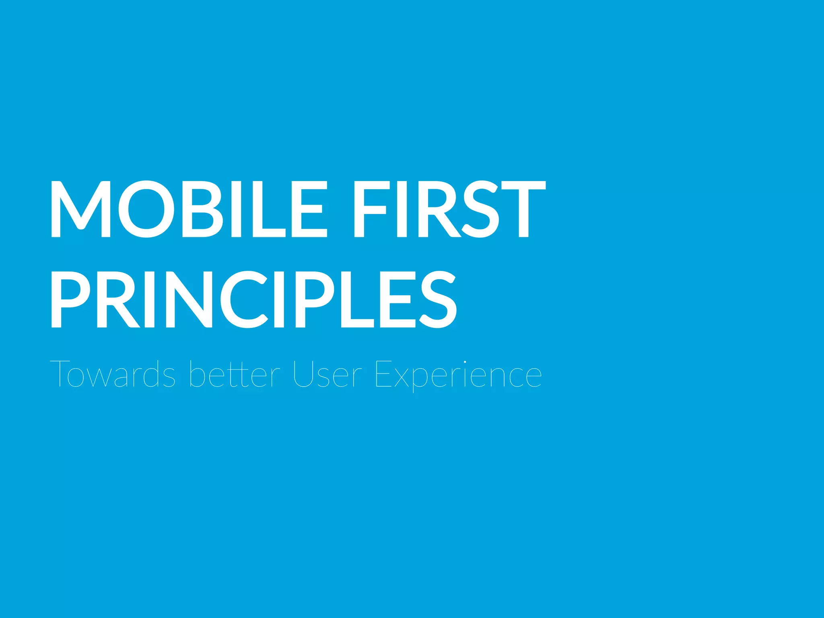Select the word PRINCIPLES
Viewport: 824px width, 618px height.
click(253, 299)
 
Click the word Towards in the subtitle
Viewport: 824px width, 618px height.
click(112, 374)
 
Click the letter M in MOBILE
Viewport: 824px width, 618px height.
click(80, 209)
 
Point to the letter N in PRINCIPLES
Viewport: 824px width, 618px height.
click(187, 299)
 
